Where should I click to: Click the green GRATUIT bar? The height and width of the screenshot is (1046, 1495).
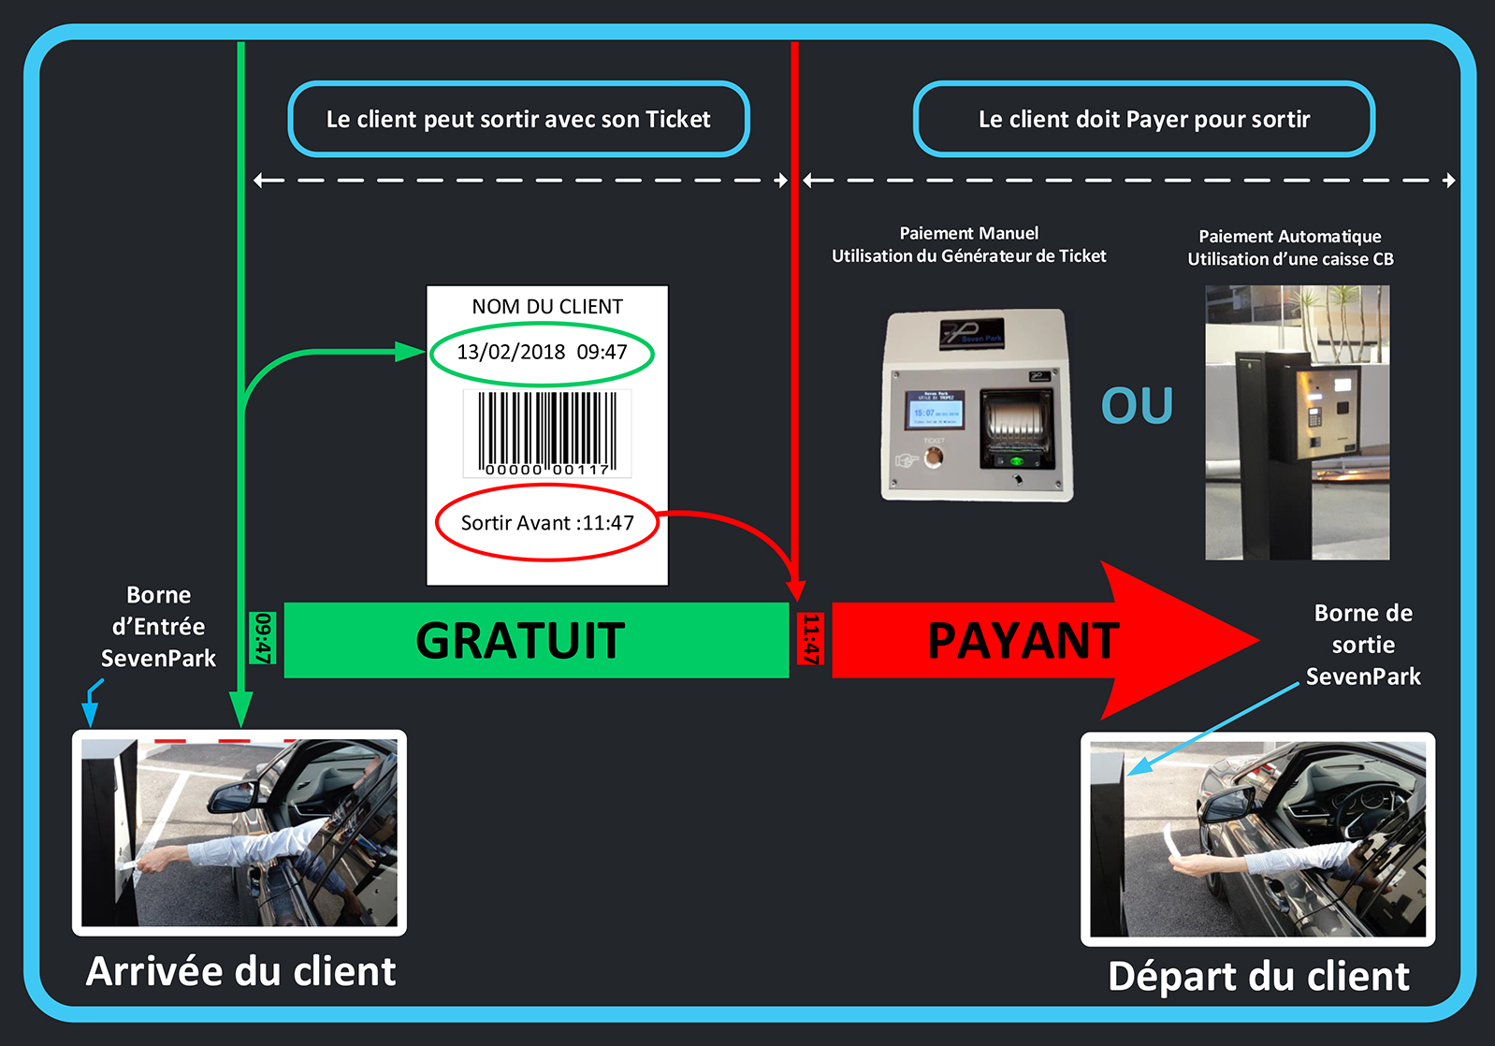[535, 640]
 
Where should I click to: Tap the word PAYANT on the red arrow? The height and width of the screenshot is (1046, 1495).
[1023, 641]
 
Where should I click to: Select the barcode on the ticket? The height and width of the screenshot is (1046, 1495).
[547, 433]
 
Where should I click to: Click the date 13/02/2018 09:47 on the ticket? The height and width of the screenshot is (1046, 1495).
[542, 353]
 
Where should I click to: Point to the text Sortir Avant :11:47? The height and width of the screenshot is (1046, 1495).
[547, 523]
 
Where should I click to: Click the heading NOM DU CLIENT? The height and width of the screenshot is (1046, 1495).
[547, 307]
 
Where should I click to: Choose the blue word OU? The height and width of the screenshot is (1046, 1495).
[1137, 406]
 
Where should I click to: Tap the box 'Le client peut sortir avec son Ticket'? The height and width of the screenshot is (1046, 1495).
[518, 120]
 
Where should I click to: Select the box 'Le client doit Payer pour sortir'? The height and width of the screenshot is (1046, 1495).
[1143, 120]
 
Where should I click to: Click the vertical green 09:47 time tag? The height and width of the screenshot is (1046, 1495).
[263, 638]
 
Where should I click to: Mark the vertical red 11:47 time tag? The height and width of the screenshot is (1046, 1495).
[810, 638]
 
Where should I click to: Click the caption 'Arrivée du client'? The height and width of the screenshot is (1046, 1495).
[240, 971]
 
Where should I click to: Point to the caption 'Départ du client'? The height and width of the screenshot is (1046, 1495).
[1258, 976]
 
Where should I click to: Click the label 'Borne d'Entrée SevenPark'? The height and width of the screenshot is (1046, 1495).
[158, 627]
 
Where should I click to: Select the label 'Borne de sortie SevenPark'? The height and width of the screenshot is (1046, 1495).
[1363, 645]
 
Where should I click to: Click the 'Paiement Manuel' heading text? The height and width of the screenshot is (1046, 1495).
[968, 234]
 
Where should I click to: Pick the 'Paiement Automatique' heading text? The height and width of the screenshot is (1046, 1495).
[1289, 237]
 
